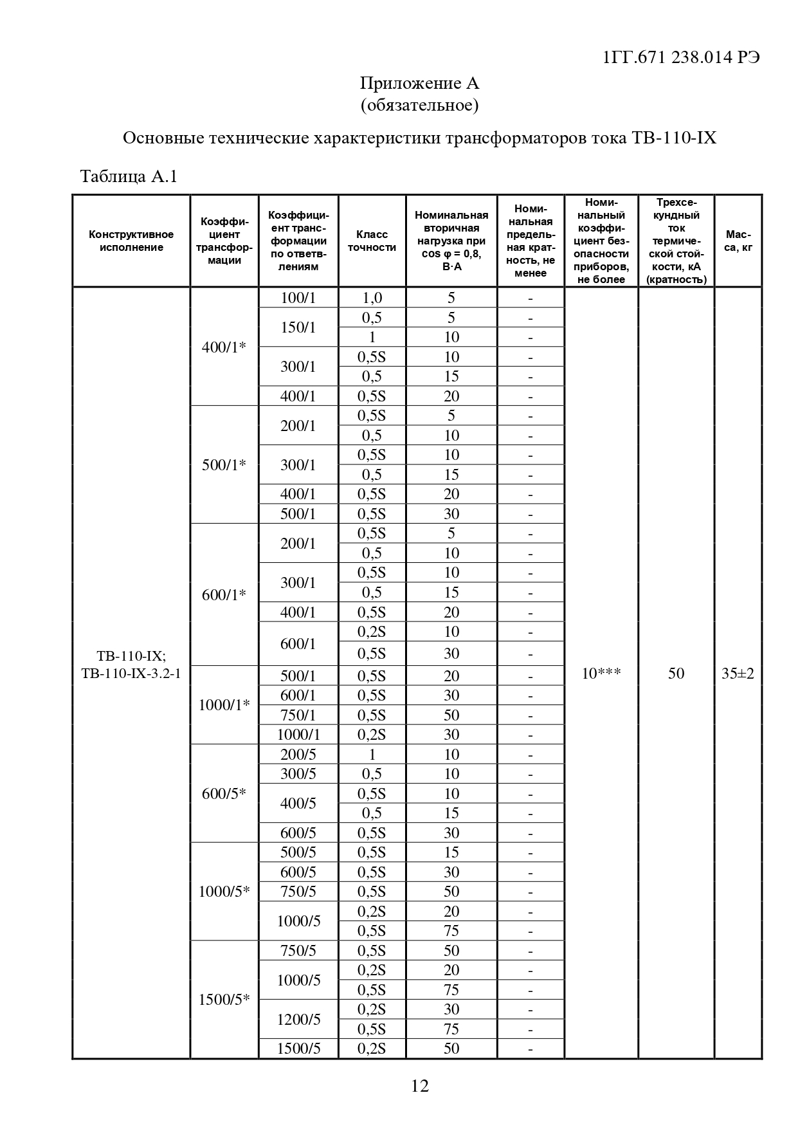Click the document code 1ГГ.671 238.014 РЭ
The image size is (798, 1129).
coord(682,57)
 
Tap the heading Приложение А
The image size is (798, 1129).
coord(419,83)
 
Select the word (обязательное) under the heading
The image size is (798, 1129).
coord(419,104)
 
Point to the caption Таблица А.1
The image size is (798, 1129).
coord(128,176)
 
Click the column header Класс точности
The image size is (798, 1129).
coord(372,241)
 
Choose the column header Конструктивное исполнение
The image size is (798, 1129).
coord(131,241)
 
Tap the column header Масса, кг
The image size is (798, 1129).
coord(738,241)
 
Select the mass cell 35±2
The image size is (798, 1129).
coord(738,674)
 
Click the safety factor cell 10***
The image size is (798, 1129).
coord(601,674)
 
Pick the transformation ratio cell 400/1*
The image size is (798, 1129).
coord(224,347)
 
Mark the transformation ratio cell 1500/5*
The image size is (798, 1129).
coord(224,1000)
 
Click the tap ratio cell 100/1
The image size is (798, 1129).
coord(298,298)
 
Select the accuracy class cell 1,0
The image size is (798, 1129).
coord(372,298)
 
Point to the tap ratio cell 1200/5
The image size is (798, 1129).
coord(298,1020)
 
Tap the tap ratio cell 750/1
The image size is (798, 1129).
coord(298,715)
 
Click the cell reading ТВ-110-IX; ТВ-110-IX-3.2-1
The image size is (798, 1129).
coord(131,665)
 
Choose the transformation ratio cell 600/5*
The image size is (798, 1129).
coord(224,794)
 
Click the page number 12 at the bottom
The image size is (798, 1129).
coord(419,1086)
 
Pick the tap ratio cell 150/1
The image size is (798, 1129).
coord(298,327)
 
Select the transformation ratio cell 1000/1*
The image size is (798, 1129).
coord(224,705)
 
